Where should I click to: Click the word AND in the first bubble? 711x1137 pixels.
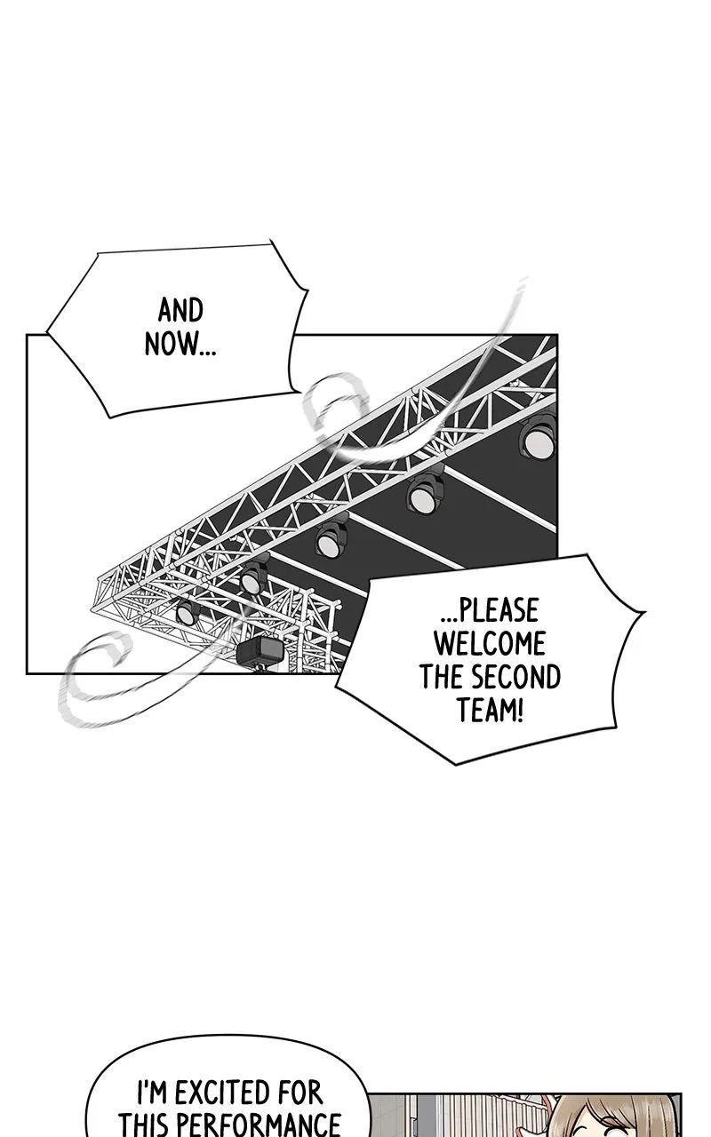(x=180, y=311)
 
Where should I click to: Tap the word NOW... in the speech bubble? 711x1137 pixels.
(x=180, y=344)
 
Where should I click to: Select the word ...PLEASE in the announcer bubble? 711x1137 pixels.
(x=490, y=610)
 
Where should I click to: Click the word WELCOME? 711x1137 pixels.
(x=490, y=644)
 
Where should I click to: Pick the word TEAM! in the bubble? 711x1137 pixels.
(x=490, y=710)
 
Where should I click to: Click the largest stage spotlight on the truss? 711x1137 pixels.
(x=538, y=440)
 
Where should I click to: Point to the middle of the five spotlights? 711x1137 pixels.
(x=332, y=539)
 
